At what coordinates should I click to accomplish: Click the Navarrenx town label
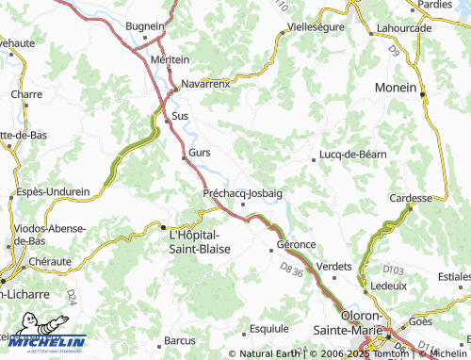pos(205,83)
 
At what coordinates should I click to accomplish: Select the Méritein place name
pos(170,58)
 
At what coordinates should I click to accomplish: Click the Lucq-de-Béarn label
pos(353,154)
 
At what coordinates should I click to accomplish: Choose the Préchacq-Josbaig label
pos(243,192)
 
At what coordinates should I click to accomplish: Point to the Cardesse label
pos(410,199)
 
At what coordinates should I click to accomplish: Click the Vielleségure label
pos(317,26)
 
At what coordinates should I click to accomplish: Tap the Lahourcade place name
pos(402,26)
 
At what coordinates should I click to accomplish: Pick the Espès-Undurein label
pos(52,191)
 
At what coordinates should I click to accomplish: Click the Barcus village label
pos(179,339)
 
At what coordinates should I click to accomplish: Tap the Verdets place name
pos(335,267)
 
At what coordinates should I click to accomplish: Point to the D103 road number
pos(393,271)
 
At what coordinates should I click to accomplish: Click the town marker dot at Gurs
pos(185,158)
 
